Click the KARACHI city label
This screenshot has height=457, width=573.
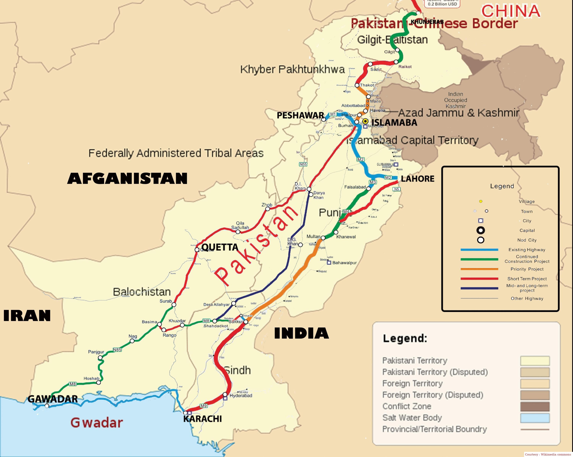(202, 419)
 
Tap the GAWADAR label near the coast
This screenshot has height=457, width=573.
(53, 399)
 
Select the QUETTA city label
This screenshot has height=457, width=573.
(219, 247)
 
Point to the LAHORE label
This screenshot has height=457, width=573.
(418, 179)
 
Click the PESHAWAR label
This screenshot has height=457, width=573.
(300, 115)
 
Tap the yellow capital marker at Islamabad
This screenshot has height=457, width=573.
(365, 121)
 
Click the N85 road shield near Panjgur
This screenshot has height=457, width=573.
(117, 350)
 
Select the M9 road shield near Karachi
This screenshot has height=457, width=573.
(204, 406)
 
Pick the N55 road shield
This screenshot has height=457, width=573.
(303, 164)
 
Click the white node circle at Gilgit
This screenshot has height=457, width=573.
(397, 50)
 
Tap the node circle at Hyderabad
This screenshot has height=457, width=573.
(225, 394)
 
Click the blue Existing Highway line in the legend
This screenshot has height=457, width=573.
(479, 250)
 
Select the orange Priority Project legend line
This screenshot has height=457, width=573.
(479, 269)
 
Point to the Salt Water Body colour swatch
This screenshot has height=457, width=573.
(535, 418)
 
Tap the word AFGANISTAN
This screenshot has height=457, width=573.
(127, 178)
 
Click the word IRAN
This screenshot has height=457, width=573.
(27, 316)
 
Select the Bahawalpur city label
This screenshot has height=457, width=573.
(344, 263)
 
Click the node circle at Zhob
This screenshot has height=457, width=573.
(268, 209)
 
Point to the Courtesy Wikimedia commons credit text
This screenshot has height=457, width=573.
(548, 454)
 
